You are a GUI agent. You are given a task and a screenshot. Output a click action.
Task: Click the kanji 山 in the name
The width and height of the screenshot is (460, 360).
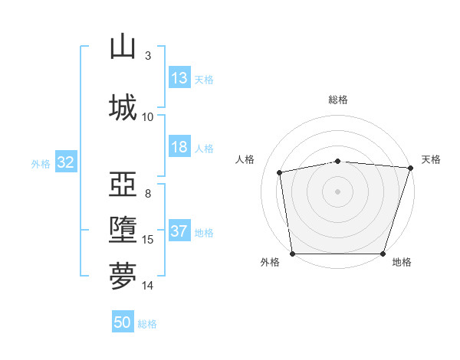point(123,46)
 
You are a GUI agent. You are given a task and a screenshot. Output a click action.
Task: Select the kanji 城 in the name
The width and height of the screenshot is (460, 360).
point(123,107)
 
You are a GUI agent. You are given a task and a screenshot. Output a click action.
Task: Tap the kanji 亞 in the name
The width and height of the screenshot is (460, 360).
point(123,184)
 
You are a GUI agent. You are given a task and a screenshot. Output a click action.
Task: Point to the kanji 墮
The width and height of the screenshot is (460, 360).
point(123,230)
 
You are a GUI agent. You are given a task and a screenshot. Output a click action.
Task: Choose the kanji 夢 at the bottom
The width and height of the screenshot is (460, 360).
point(123,276)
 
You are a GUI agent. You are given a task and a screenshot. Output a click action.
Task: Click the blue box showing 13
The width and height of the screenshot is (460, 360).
point(179,77)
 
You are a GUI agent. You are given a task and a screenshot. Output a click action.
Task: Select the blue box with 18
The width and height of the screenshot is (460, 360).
point(179,146)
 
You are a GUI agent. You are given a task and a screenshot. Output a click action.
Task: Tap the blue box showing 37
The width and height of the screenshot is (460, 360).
point(179,230)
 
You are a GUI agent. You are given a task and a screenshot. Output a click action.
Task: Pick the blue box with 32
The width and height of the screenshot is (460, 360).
point(66,162)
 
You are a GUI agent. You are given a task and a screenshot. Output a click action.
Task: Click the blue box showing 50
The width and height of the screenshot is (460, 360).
point(123,321)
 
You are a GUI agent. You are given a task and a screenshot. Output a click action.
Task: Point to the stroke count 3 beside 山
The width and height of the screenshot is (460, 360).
point(148,56)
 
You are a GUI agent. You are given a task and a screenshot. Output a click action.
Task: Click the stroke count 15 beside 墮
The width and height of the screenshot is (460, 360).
point(147,240)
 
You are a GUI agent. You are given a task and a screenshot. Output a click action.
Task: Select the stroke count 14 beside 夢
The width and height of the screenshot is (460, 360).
point(147,286)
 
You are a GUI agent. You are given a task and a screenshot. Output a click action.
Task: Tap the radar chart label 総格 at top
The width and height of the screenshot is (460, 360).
point(337,100)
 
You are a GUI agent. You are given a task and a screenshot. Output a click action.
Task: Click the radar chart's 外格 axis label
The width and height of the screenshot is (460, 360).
point(270,262)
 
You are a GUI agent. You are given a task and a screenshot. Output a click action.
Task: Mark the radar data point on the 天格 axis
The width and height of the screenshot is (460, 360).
point(411,168)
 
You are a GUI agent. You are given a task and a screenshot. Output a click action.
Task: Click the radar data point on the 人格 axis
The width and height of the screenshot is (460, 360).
point(279,172)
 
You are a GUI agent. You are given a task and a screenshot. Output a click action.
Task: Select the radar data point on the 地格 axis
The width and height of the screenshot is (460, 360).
point(383,254)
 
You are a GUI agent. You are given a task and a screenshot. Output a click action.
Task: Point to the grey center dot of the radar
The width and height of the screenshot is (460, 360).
point(337,191)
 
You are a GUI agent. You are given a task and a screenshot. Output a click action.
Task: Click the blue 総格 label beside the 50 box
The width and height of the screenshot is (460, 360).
point(147,324)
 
